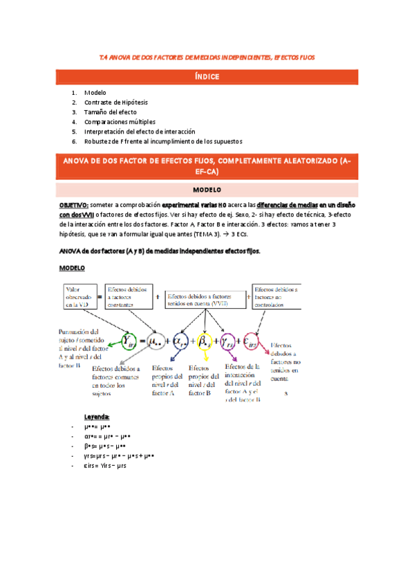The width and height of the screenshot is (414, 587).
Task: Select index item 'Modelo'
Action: (x=95, y=92)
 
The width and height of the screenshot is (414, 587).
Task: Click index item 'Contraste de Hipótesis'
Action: (x=115, y=102)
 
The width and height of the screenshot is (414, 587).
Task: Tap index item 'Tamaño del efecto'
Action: (x=110, y=111)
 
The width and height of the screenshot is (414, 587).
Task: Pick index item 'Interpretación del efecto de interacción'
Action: (x=140, y=131)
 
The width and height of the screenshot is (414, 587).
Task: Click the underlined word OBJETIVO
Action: (x=73, y=206)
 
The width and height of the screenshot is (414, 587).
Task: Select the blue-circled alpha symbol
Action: (x=181, y=340)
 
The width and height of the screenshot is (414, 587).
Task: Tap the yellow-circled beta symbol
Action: (x=205, y=340)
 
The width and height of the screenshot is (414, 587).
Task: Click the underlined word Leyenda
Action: (x=97, y=417)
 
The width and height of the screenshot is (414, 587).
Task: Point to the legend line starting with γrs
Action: (x=118, y=456)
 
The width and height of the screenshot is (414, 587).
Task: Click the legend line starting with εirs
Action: (x=104, y=466)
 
